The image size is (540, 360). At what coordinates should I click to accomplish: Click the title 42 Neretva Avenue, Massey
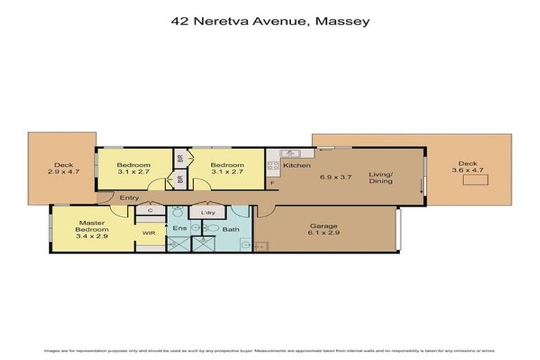tap(270, 21)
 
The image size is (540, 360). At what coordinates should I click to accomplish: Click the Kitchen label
tap(297, 165)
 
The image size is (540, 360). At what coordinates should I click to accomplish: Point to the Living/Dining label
tap(381, 176)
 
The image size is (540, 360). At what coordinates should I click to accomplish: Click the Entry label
tap(129, 198)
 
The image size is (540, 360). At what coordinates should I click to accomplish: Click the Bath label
tap(231, 229)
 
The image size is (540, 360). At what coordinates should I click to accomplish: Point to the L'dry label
tap(207, 212)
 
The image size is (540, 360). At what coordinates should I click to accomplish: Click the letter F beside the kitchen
tap(272, 184)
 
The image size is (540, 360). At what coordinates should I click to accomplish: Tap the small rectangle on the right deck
tap(475, 181)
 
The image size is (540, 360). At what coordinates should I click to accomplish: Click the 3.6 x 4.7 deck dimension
tap(468, 169)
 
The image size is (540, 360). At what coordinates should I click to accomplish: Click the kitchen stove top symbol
tap(272, 167)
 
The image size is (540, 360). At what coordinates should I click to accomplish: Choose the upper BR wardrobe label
tap(181, 159)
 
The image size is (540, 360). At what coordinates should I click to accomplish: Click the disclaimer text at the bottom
tap(270, 349)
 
